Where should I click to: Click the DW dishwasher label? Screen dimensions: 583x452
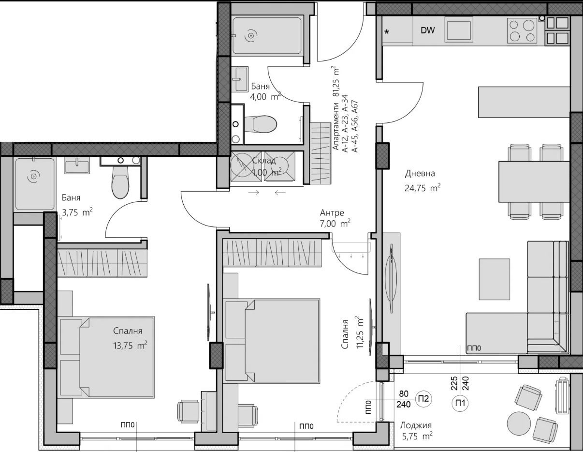point(428,30)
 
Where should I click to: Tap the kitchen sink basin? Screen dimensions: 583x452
point(459,30)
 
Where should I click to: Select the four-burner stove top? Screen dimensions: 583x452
point(522,30)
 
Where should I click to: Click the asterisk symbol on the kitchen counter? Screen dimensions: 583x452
point(387,31)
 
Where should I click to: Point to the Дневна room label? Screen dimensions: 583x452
point(420,174)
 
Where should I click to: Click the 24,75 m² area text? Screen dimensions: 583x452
point(423,188)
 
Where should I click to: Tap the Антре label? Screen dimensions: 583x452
point(332,213)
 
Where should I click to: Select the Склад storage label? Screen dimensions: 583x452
point(264,161)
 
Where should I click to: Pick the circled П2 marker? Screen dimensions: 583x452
point(423,399)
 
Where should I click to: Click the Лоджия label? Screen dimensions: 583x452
point(416,425)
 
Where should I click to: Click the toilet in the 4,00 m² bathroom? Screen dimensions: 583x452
point(260,124)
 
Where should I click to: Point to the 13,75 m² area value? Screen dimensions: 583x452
point(130,345)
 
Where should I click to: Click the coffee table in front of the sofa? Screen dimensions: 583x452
point(494,279)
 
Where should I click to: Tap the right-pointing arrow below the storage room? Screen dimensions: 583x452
point(253,193)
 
